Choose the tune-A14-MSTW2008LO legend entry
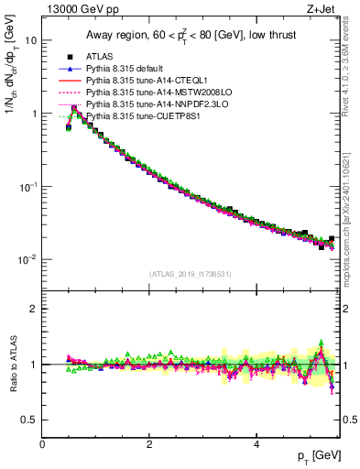point(147,93)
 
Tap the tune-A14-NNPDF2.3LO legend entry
point(147,104)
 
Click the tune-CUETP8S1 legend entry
point(137,116)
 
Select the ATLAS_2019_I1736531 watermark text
point(191,274)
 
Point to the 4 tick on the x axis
point(256,444)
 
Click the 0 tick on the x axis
point(43,444)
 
